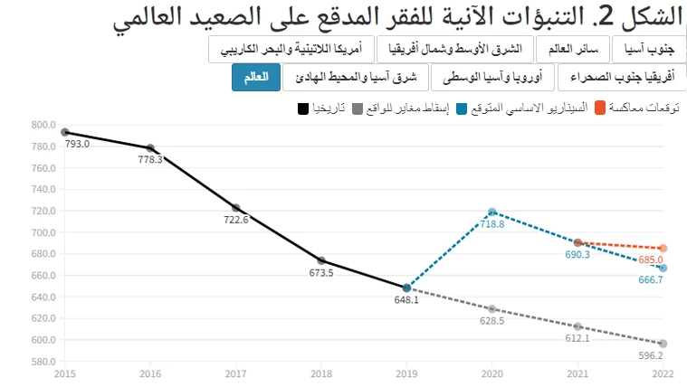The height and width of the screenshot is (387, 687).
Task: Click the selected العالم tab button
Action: pos(255,78)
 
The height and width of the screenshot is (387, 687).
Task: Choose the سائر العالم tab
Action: pos(574,48)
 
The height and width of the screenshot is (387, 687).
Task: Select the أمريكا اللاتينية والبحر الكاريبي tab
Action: pos(290,48)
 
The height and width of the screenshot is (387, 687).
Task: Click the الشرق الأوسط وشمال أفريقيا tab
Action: pos(454,48)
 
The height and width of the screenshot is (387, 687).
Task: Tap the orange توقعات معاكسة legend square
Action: pos(598,109)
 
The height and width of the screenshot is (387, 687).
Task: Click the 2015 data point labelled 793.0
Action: pos(65,132)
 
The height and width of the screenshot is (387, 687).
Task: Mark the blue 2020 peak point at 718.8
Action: pos(492,212)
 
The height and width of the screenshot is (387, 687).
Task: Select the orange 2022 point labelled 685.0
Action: pos(663,248)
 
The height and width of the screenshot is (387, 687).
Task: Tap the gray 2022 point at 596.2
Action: pos(663,344)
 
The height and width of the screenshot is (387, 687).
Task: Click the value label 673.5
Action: pos(320,273)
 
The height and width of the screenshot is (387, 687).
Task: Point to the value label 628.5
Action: pos(492,321)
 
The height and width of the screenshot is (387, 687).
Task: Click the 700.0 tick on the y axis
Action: pos(43,232)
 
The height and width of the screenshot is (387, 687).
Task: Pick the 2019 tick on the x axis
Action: pos(406,372)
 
